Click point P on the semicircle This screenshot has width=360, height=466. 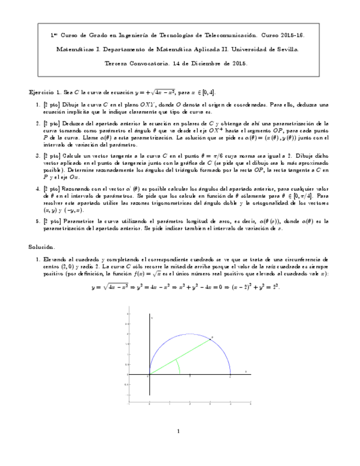(x=210, y=340)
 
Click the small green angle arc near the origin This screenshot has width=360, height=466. (x=178, y=366)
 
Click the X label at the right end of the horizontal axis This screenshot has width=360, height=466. (x=246, y=371)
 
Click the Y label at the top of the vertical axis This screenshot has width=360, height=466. (x=152, y=318)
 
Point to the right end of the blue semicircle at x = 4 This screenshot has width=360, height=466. (x=230, y=374)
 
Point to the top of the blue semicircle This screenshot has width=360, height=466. (x=189, y=334)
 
